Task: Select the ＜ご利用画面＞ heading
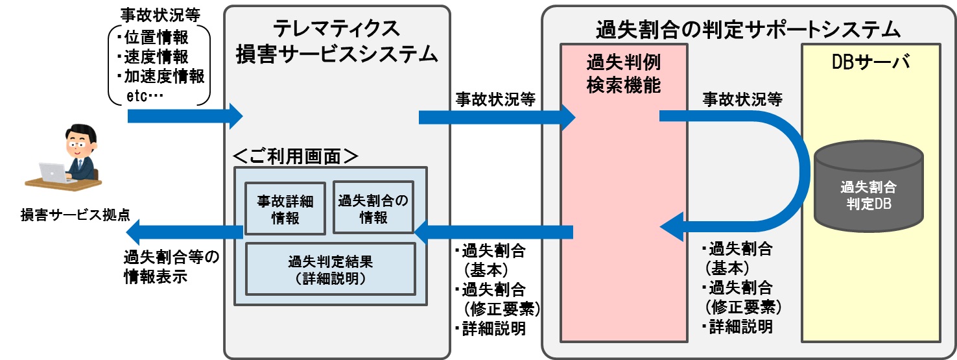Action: tap(295, 156)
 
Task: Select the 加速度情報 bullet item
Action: tap(160, 77)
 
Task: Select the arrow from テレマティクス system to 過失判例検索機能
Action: tap(497, 117)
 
